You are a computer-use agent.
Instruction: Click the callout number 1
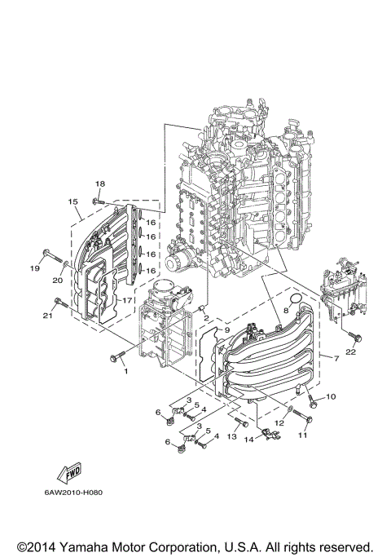coord(126,371)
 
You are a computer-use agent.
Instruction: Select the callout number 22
coord(350,352)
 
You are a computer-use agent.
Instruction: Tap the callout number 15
coord(72,201)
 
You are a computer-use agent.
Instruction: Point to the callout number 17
coord(126,300)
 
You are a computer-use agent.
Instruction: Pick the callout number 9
coord(204,330)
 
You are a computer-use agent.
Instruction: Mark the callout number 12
coord(279,422)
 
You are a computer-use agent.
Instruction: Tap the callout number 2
coord(207,317)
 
